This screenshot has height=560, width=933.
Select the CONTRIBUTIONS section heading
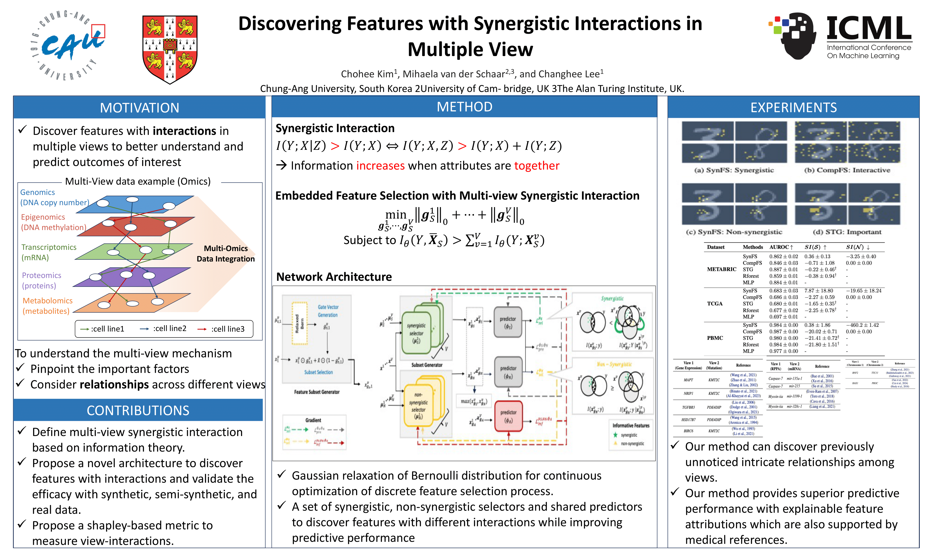138,410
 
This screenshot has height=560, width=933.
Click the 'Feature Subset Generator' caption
317,392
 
